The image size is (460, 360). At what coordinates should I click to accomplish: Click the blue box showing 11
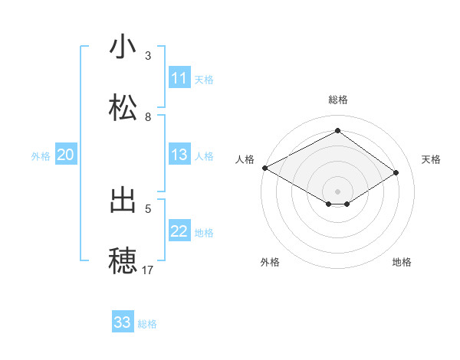179,78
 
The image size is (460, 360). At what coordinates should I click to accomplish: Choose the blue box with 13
179,155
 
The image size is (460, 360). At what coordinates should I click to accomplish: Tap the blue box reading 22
179,231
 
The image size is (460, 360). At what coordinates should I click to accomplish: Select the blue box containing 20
65,155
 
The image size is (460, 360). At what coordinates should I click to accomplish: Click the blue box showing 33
122,322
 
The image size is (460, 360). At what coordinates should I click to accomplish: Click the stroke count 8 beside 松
148,116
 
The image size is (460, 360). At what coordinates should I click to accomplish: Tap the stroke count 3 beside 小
148,55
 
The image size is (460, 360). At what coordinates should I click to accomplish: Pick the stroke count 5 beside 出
148,208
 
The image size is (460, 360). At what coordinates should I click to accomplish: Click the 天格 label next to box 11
204,79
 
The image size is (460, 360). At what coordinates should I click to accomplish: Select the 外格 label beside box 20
41,155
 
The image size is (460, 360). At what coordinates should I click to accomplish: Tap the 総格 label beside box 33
147,323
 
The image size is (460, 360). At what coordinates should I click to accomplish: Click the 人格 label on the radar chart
245,159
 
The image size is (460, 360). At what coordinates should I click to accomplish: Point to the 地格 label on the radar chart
402,263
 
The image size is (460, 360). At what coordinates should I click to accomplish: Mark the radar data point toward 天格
396,173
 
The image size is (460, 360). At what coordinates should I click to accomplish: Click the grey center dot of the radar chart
337,191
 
